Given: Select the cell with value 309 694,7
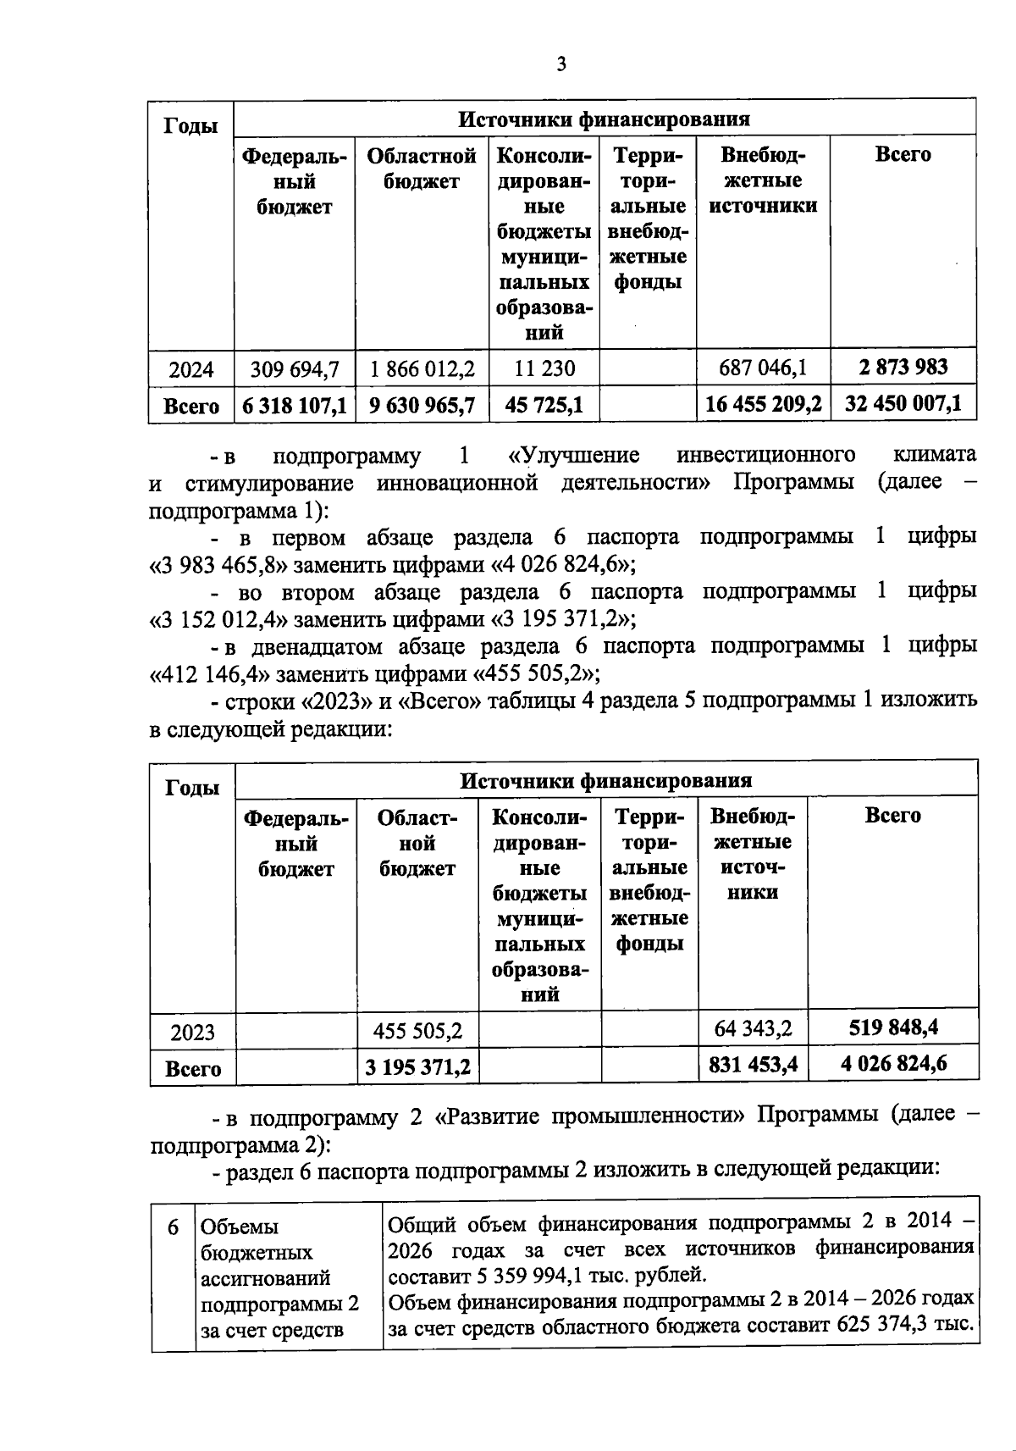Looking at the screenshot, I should (295, 369).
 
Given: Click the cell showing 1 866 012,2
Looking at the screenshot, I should (422, 369).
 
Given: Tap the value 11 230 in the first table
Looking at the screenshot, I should (544, 369).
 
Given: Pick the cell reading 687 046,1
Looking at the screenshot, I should (763, 368).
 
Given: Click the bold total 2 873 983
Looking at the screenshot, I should (903, 368).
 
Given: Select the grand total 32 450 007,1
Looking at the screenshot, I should (903, 404).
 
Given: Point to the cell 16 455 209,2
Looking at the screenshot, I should (763, 405).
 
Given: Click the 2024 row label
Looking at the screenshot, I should (191, 370).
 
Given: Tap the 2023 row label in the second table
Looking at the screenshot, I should (192, 1033).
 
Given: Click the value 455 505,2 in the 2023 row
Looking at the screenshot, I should (417, 1032).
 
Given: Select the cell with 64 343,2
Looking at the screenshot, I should (753, 1029).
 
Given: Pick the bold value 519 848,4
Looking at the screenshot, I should (893, 1028).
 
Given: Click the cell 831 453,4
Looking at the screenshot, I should (753, 1065).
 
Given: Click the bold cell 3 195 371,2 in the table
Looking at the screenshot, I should (417, 1067).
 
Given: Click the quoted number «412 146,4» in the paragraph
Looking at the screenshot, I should (210, 675).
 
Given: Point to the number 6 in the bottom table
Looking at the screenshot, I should (174, 1227).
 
